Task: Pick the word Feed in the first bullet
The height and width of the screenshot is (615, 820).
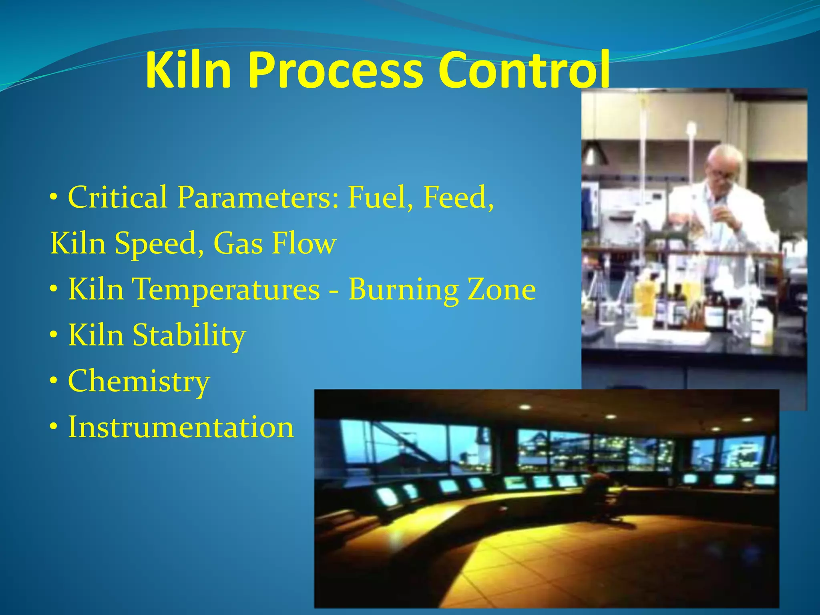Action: click(458, 197)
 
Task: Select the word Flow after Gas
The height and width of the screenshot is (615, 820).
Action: click(304, 243)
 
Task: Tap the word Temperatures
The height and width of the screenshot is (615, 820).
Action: click(227, 289)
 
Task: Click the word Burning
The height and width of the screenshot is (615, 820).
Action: click(403, 289)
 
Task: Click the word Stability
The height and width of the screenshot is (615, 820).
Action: click(189, 335)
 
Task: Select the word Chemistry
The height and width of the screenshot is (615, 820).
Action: click(139, 381)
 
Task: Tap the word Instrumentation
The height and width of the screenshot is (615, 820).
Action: click(181, 427)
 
